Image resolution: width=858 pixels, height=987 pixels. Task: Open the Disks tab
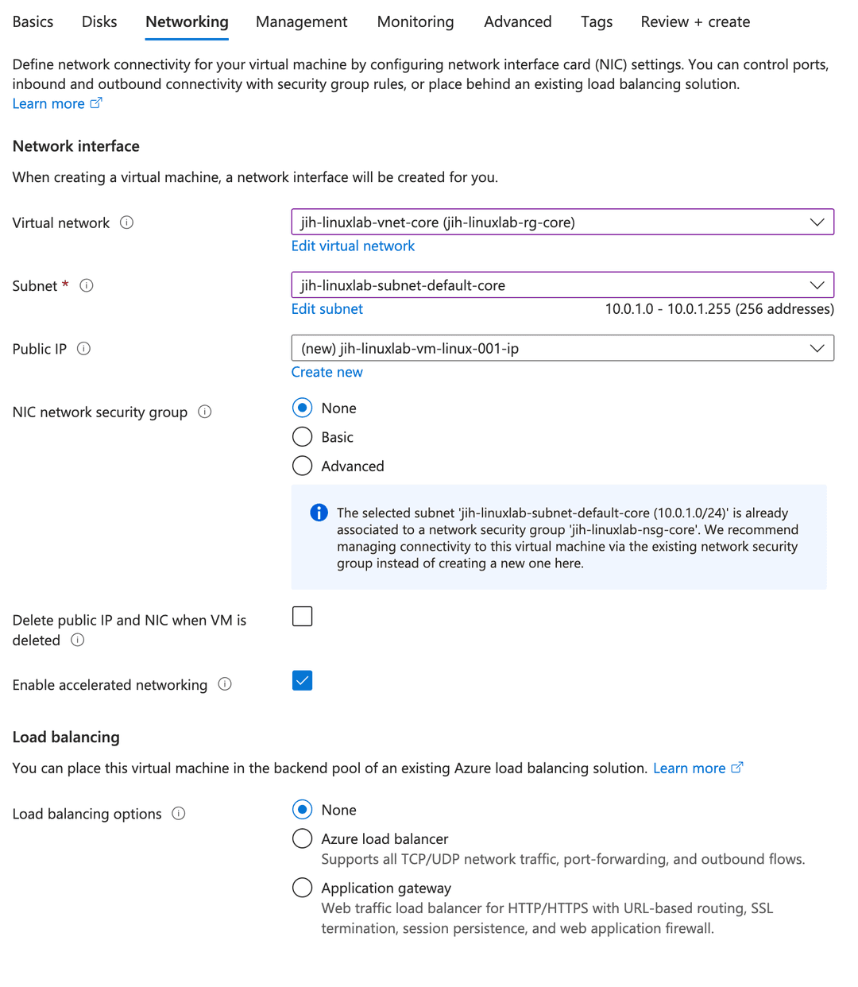point(99,22)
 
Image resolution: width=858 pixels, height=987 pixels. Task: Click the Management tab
point(301,22)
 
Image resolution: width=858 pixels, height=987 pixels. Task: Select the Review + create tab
point(695,22)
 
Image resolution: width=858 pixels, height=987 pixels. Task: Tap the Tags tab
point(596,22)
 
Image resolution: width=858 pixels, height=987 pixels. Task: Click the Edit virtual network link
point(353,246)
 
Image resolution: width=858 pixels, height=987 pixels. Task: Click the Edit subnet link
point(327,309)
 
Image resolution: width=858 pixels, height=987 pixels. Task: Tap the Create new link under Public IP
point(327,372)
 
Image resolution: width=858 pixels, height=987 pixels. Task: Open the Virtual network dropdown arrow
point(817,223)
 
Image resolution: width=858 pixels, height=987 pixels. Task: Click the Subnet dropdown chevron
point(817,285)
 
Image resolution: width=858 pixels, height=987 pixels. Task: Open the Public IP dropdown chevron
point(817,348)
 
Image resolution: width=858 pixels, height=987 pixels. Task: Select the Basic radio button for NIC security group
point(302,437)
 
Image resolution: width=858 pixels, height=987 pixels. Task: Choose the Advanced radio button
point(302,466)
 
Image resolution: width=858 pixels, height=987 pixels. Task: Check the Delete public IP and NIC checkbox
point(302,617)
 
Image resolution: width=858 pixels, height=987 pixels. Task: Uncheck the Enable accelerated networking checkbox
point(302,681)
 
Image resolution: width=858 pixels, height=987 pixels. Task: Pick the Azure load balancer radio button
point(302,838)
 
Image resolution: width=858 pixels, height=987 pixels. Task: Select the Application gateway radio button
point(302,888)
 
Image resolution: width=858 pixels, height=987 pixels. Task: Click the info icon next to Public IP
point(83,349)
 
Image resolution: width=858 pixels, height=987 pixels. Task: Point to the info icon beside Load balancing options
point(179,814)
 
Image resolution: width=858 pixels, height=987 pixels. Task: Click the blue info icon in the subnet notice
point(319,513)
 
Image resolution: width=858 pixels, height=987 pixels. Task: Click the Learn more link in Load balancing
point(689,768)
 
